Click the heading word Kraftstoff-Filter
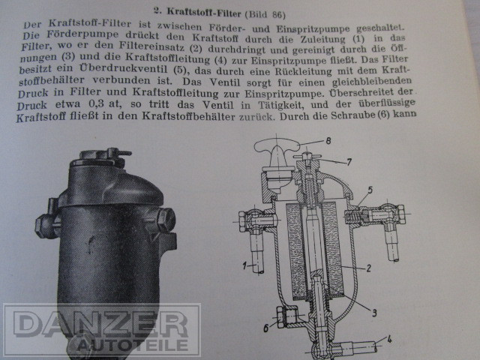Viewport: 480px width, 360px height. click(x=204, y=13)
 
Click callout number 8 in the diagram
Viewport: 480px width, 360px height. click(x=328, y=141)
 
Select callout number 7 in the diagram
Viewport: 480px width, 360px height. click(x=349, y=162)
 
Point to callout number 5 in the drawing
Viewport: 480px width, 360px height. click(x=370, y=190)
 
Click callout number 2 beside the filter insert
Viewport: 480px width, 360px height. click(x=368, y=268)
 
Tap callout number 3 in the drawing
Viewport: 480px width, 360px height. click(x=374, y=313)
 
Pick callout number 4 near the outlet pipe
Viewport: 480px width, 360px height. click(x=389, y=340)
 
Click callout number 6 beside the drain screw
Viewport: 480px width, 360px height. click(x=265, y=328)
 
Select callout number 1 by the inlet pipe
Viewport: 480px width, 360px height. click(x=244, y=265)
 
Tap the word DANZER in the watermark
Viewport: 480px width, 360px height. click(x=100, y=324)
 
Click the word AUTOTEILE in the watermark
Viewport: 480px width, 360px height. click(x=132, y=345)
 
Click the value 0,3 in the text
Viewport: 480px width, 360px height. click(x=96, y=103)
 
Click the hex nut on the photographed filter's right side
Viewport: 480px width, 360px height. click(x=166, y=219)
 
